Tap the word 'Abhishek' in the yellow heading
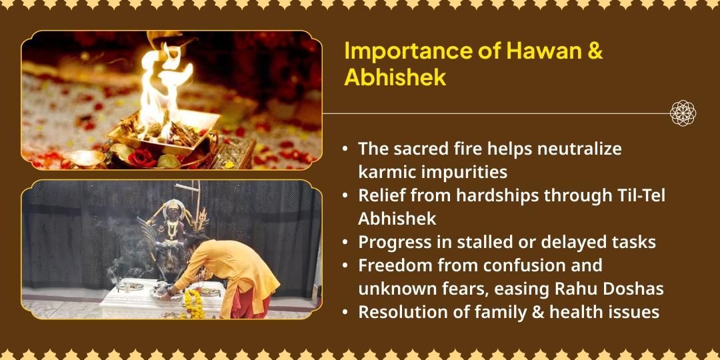395,77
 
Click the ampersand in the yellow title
595,51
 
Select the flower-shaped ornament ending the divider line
683,113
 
